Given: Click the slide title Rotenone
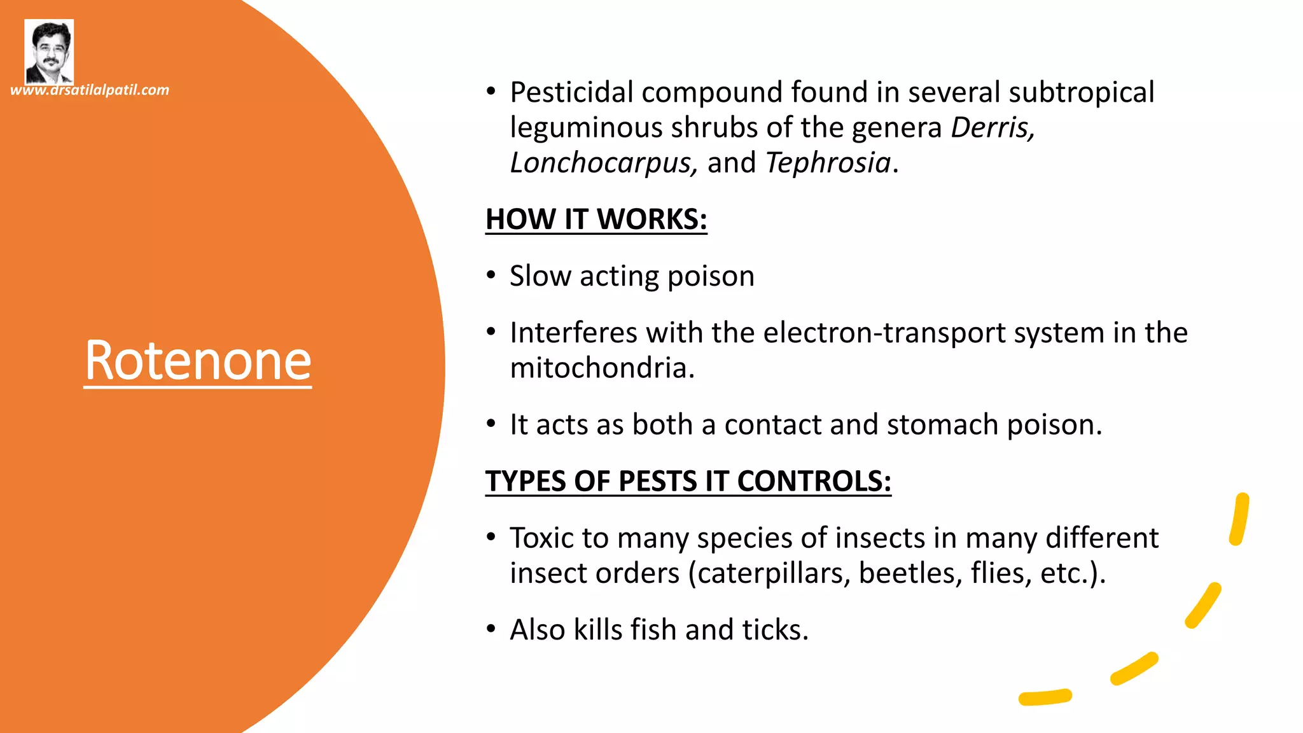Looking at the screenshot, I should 198,361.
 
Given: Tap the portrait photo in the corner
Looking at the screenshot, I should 49,52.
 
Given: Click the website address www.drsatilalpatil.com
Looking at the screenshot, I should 90,90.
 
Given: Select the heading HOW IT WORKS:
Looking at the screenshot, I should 596,220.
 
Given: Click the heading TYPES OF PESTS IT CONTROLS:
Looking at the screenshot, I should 688,481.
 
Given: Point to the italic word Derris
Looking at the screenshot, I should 992,127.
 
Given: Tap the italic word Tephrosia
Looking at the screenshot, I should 828,163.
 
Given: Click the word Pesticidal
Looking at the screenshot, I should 571,92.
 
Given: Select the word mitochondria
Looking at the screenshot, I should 601,368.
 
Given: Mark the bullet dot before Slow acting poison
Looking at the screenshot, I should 491,276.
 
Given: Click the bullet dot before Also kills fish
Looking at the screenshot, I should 491,629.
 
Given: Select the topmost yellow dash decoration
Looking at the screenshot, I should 1239,519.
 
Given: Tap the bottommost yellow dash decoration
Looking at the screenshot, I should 1045,697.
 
